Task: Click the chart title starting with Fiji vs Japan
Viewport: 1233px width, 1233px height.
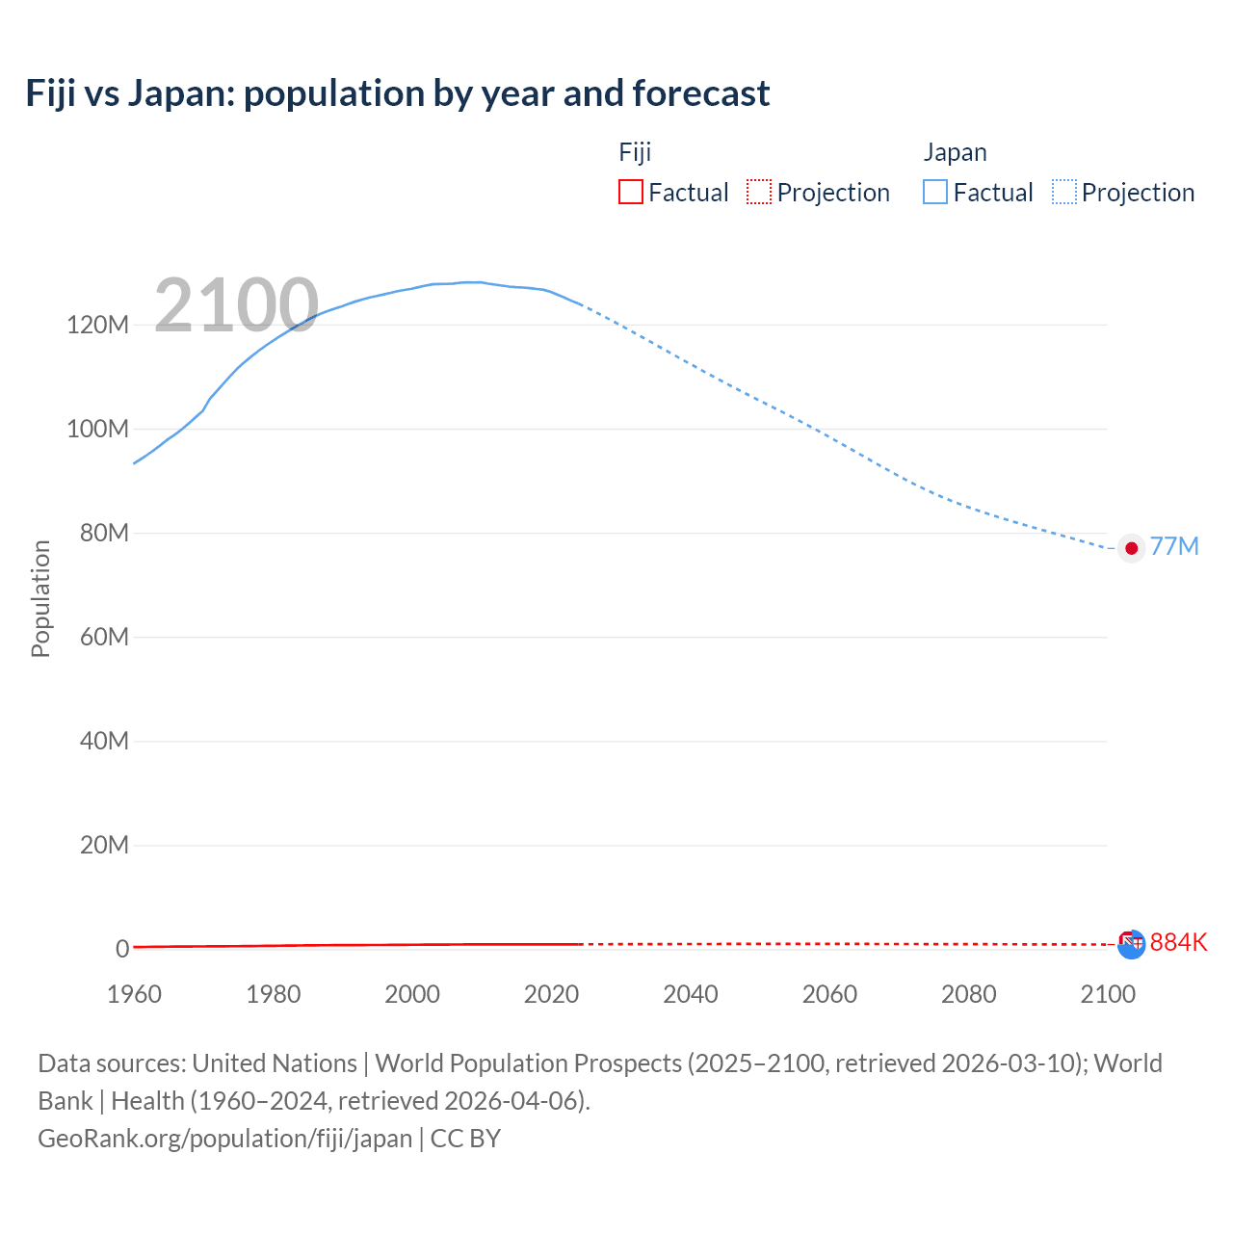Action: [x=397, y=93]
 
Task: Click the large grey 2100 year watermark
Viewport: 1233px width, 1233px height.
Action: [x=236, y=304]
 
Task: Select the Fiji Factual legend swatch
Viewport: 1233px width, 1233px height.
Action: [x=630, y=192]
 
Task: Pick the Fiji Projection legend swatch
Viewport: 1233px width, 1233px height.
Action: [x=759, y=192]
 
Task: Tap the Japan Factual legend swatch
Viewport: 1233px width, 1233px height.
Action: [x=934, y=192]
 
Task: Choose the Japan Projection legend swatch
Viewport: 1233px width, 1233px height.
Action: [x=1063, y=192]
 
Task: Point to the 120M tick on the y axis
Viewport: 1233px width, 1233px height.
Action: [x=97, y=325]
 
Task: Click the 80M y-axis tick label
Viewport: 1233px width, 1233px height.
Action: [x=103, y=533]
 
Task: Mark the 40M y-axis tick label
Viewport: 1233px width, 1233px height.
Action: [x=103, y=741]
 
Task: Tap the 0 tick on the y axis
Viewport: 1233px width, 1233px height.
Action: [x=122, y=949]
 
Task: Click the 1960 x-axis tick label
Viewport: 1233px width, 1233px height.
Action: [x=134, y=994]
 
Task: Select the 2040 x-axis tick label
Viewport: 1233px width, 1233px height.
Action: [x=691, y=994]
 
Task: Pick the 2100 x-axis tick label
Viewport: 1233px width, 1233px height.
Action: [x=1108, y=994]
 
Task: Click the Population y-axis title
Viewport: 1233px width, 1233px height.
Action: [x=40, y=598]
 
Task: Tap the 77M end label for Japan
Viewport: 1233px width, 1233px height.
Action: [x=1174, y=547]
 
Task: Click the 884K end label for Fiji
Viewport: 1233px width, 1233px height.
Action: [x=1178, y=942]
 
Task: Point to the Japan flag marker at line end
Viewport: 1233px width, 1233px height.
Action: [x=1132, y=548]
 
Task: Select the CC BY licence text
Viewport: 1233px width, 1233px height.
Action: [x=465, y=1139]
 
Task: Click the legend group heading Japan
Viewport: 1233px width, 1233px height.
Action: [x=955, y=152]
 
